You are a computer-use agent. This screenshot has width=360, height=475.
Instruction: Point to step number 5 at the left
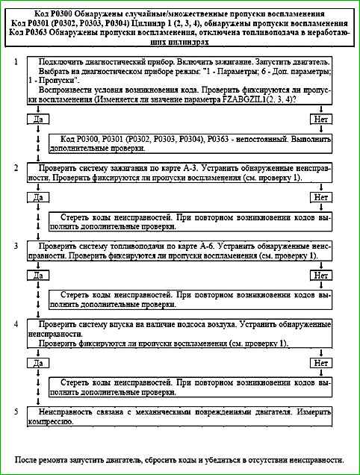(x=16, y=411)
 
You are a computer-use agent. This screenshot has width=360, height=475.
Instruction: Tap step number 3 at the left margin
(x=16, y=245)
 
